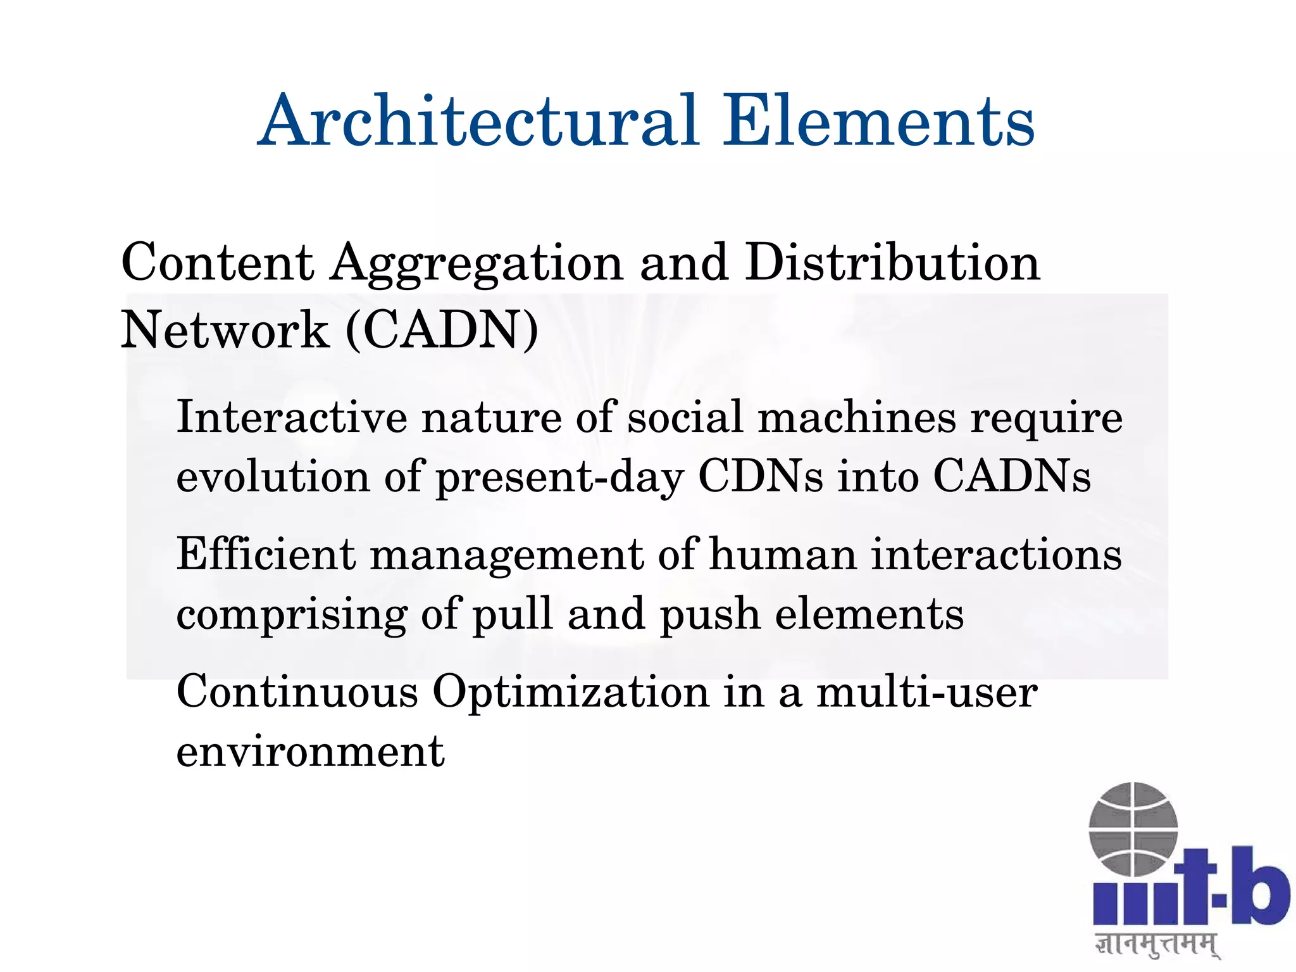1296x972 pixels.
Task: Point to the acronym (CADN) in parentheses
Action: point(442,330)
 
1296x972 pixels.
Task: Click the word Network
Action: point(225,330)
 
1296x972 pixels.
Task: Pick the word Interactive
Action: point(292,417)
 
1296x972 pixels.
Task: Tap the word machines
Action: point(857,417)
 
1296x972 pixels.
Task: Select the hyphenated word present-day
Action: point(560,479)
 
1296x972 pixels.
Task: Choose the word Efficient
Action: point(266,554)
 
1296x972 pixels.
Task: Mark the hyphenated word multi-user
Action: point(927,691)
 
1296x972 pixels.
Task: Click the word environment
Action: point(310,752)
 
